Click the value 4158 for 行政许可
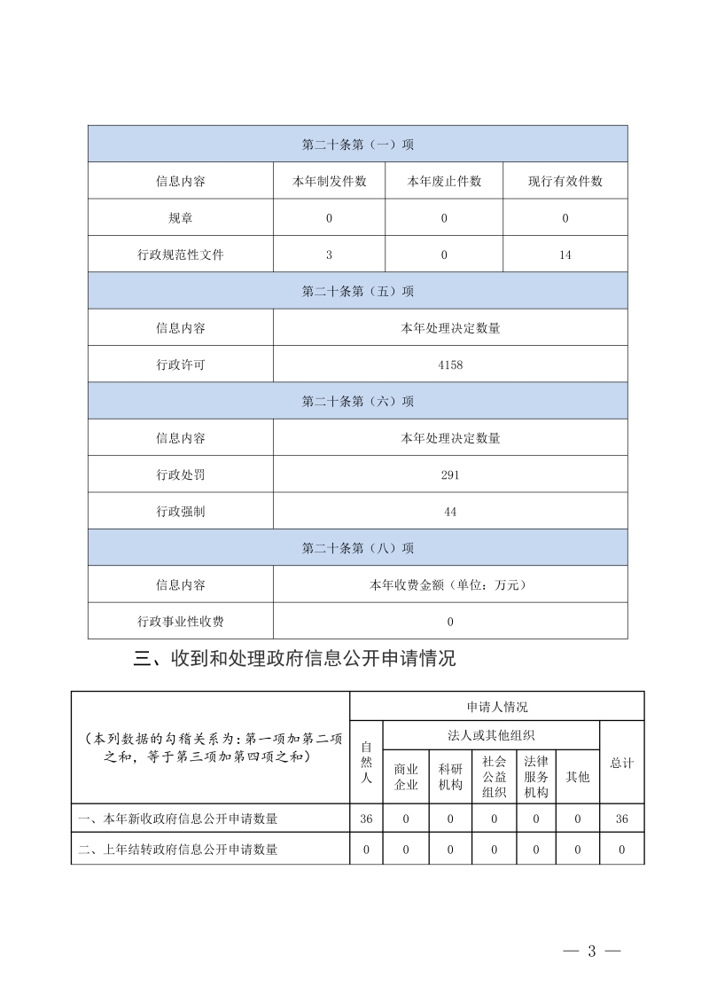tap(450, 364)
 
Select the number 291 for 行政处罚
tap(450, 474)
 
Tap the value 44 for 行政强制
tap(450, 512)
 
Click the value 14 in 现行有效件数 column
tap(565, 255)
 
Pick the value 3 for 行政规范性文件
tap(329, 255)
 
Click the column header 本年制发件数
tap(329, 181)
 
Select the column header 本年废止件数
tap(444, 181)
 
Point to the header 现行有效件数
tap(565, 181)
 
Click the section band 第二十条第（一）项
tap(358, 144)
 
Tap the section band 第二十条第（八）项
tap(358, 548)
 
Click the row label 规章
tap(181, 218)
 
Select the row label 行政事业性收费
tap(181, 622)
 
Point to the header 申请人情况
tap(497, 707)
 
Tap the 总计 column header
tap(622, 763)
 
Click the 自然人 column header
tap(366, 763)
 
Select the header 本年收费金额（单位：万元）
tap(450, 584)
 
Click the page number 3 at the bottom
tap(591, 951)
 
